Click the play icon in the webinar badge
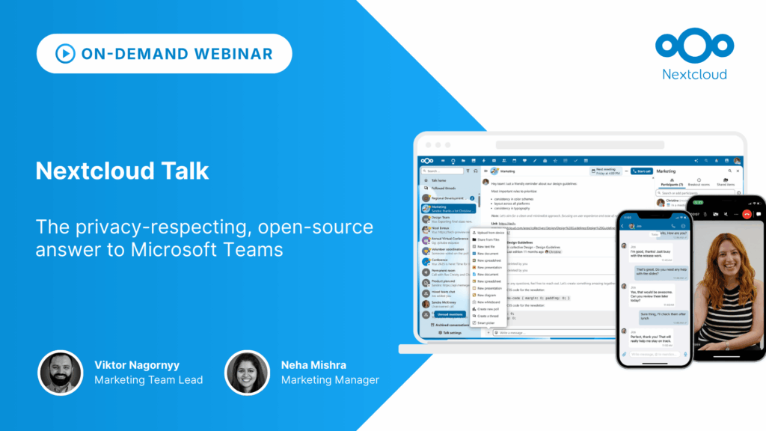65,54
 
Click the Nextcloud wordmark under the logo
694,73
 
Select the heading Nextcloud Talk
122,171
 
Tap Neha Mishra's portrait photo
247,372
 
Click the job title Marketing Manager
330,380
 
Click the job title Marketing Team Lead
148,380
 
